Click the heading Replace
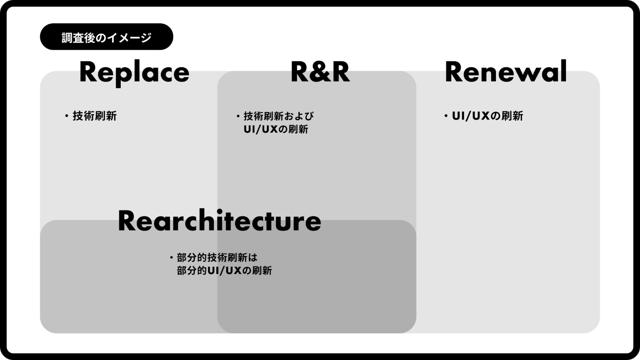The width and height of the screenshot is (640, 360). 134,72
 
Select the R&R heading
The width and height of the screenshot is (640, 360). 320,72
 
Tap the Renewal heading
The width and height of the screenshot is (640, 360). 506,72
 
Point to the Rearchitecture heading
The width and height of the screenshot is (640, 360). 219,221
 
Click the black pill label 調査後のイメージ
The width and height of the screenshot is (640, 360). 107,37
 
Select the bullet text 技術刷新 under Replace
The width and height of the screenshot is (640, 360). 95,116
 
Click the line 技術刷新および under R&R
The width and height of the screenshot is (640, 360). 279,116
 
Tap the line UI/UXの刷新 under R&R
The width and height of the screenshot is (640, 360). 276,129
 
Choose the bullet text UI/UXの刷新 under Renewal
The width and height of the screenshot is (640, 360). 487,116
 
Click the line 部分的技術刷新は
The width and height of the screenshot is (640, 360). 217,258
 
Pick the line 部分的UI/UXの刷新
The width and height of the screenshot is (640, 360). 224,271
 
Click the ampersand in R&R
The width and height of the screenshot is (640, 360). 320,72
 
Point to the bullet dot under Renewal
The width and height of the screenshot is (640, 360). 446,116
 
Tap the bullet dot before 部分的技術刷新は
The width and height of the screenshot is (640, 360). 171,258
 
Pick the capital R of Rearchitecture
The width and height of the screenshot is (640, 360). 128,221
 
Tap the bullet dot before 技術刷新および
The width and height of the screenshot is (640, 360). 238,116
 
